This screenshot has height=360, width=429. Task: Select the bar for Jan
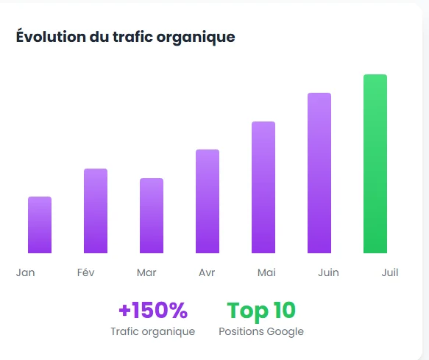click(x=40, y=225)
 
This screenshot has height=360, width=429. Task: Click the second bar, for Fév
click(x=96, y=211)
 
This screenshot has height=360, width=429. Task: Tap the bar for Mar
click(x=152, y=216)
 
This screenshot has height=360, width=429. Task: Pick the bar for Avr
click(x=208, y=202)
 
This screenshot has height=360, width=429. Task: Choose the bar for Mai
click(x=263, y=188)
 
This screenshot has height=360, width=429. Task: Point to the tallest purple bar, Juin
click(x=319, y=173)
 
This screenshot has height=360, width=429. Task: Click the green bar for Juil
click(x=375, y=164)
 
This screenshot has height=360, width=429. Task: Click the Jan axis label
click(x=26, y=272)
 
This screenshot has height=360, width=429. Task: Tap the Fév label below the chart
click(x=86, y=272)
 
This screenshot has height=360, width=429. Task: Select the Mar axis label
click(x=146, y=272)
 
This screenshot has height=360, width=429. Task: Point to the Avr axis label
click(x=207, y=272)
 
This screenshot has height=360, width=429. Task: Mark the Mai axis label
click(x=267, y=272)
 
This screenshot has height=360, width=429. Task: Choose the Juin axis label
click(x=328, y=272)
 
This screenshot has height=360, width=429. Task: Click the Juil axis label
click(x=390, y=272)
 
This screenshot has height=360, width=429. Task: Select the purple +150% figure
click(x=152, y=311)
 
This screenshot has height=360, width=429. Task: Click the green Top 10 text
click(x=260, y=311)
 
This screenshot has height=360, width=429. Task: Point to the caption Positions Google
click(x=260, y=331)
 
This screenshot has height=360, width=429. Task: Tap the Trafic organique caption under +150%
click(x=152, y=331)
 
